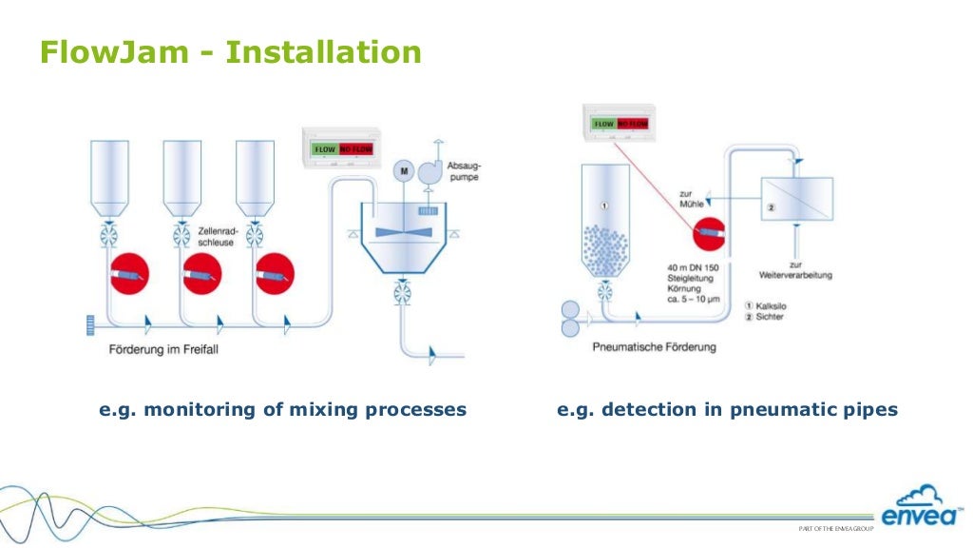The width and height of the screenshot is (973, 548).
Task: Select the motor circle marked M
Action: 404,170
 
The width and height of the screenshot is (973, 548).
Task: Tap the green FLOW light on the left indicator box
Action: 326,149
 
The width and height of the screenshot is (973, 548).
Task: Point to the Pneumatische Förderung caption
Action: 654,347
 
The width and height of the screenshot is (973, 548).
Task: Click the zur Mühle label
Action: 694,198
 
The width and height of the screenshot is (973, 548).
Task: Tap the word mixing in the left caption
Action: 303,410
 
